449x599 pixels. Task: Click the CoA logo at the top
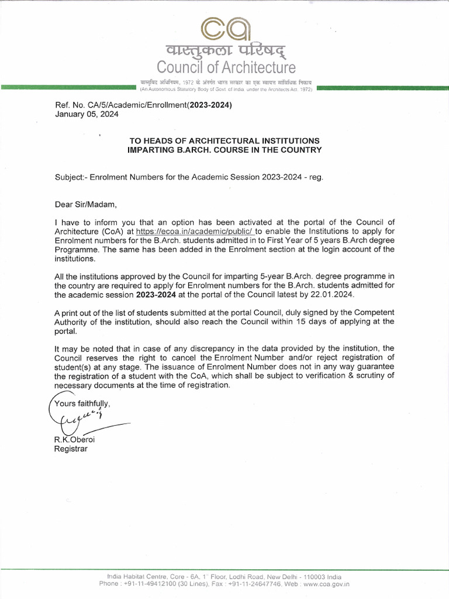click(226, 26)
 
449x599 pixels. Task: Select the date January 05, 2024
click(87, 115)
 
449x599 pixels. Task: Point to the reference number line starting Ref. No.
click(143, 105)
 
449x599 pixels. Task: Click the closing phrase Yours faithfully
click(82, 404)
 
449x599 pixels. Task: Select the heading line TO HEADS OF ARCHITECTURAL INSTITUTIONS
click(224, 141)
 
